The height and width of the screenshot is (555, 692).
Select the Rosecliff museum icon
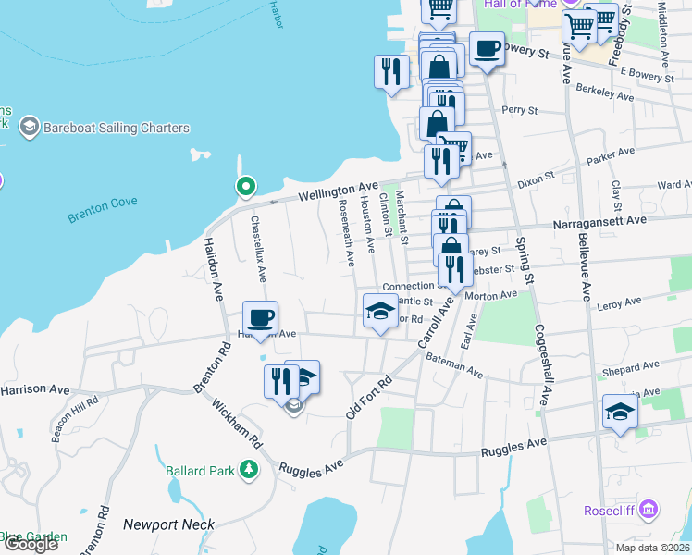click(x=649, y=510)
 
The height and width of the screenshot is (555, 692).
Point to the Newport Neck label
click(x=168, y=524)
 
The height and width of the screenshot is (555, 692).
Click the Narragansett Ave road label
click(x=599, y=221)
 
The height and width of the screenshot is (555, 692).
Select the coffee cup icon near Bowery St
click(x=487, y=49)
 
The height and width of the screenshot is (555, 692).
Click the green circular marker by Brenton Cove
click(x=245, y=187)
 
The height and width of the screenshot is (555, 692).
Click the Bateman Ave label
click(x=455, y=365)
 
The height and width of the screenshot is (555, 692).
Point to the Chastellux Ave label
click(x=257, y=248)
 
